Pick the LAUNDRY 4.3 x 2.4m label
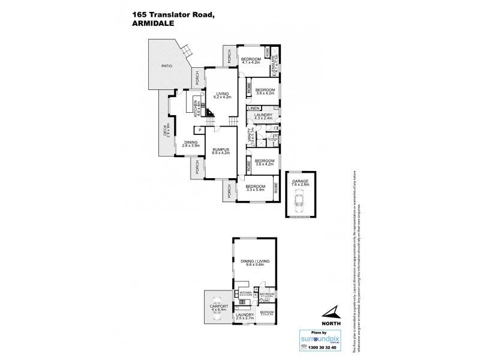(263, 116)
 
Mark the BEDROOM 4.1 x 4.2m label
(251, 60)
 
